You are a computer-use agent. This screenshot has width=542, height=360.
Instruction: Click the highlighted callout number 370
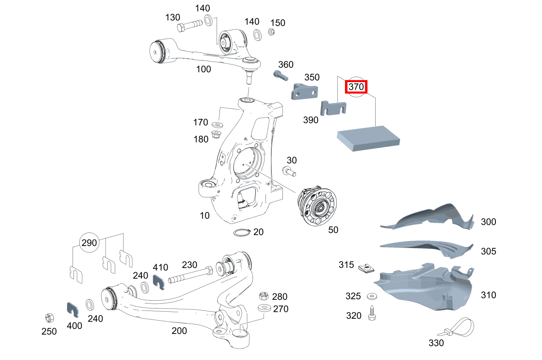coord(356,87)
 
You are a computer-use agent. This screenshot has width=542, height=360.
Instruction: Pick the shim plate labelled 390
coord(334,108)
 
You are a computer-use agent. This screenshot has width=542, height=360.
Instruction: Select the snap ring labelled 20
coord(242,233)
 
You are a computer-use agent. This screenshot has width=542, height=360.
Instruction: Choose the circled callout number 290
coord(89,243)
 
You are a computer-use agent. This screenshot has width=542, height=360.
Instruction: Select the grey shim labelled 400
coord(73,310)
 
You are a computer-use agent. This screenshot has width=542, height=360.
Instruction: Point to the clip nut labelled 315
coord(367,268)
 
